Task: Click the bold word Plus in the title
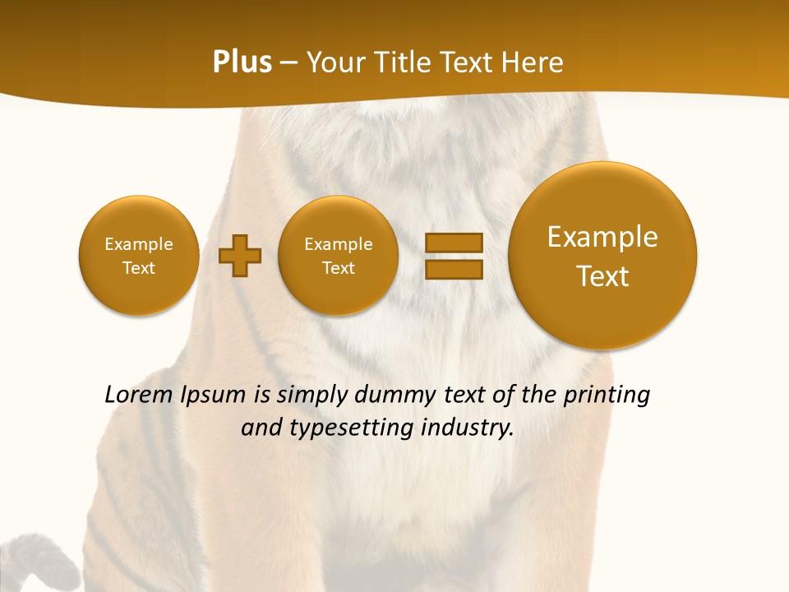[x=242, y=62]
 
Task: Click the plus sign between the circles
[x=240, y=256]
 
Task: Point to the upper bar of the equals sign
[x=454, y=243]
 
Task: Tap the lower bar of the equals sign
[x=454, y=270]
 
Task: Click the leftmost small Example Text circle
[x=139, y=256]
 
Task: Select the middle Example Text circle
[x=339, y=256]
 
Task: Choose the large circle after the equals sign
[x=602, y=256]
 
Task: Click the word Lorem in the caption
[x=140, y=395]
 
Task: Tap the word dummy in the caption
[x=390, y=395]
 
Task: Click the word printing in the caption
[x=606, y=395]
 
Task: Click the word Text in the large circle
[x=602, y=276]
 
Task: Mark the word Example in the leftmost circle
[x=139, y=244]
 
